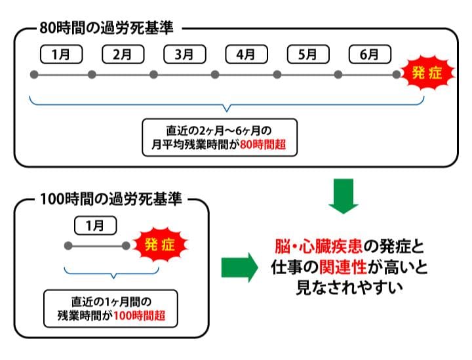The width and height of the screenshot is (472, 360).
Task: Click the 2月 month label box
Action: [x=123, y=54]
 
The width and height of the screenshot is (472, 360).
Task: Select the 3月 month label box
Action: [x=184, y=54]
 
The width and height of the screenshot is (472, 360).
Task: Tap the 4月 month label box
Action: [x=246, y=54]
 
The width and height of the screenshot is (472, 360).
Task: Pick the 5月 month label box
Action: [x=307, y=54]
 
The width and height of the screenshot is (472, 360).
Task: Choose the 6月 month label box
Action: [x=370, y=54]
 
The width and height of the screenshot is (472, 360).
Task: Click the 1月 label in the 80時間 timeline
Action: [x=61, y=54]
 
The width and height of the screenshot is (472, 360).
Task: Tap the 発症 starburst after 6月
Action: [x=425, y=74]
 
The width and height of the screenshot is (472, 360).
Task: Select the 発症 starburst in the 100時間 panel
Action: [x=159, y=247]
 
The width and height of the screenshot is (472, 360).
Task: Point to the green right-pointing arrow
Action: [x=239, y=267]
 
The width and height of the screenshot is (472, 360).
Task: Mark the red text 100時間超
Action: [x=139, y=316]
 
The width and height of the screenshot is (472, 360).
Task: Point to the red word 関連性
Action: [x=340, y=267]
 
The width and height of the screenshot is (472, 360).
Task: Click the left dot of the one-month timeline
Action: [x=68, y=247]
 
